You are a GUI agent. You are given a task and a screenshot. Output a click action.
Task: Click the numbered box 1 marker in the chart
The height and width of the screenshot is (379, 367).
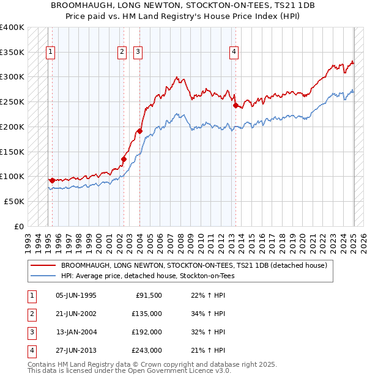tap(50, 52)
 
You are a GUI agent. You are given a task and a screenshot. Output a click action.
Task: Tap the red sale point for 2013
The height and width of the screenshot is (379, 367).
tap(235, 105)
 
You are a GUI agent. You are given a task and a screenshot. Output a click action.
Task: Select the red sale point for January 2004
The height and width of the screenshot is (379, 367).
tap(139, 131)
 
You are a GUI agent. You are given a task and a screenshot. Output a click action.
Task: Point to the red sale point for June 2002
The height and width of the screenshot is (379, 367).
tap(124, 159)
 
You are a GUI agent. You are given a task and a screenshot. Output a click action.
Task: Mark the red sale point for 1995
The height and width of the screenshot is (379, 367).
tap(52, 180)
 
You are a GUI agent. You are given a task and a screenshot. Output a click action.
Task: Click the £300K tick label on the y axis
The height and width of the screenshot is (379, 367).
tap(12, 77)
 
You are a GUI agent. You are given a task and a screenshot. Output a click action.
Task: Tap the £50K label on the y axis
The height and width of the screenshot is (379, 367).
tap(14, 201)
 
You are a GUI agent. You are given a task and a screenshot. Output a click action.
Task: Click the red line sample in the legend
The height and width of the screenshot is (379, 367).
tap(43, 266)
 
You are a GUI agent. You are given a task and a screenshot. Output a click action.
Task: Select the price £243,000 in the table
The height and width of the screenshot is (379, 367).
tap(147, 350)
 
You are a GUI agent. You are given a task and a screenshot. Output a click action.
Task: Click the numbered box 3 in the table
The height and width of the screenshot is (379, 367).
tap(31, 332)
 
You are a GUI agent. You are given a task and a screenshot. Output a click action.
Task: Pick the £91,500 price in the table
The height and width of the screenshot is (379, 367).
tap(149, 296)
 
